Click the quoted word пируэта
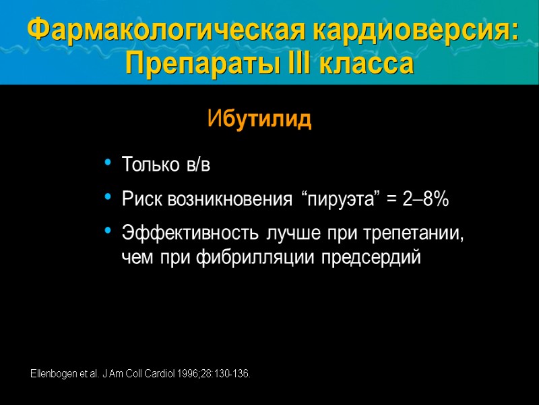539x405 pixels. (340, 200)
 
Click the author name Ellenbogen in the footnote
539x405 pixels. (55, 373)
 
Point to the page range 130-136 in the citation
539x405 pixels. (236, 373)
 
